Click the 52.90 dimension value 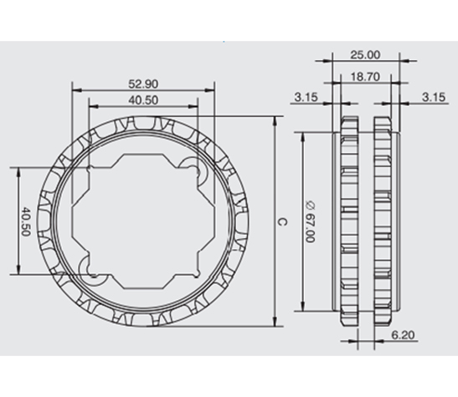(x=143, y=84)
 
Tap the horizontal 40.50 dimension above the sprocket (x=143, y=100)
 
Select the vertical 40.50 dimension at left (x=26, y=221)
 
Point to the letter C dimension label (x=282, y=222)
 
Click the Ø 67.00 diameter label (x=310, y=221)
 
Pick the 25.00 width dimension (x=365, y=55)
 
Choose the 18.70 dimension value (x=365, y=77)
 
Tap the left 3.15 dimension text (x=306, y=97)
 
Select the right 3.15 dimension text (x=434, y=97)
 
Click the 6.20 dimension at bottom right (x=403, y=335)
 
